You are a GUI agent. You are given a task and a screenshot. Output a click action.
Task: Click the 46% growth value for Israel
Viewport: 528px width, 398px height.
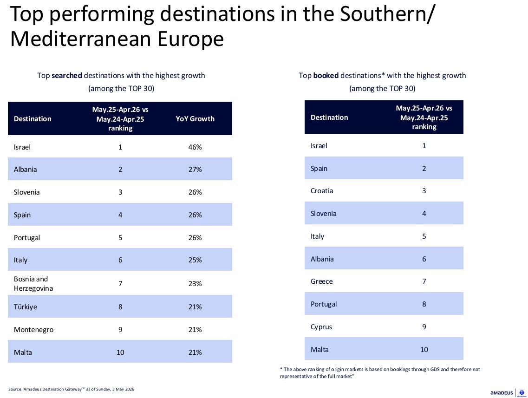pos(195,147)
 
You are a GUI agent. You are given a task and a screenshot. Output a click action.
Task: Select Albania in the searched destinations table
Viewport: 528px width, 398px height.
pos(25,170)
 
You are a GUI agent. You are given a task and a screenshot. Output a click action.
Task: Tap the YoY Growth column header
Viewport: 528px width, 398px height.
pos(195,118)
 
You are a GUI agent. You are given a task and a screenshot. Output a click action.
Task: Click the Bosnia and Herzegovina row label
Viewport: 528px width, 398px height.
pos(33,283)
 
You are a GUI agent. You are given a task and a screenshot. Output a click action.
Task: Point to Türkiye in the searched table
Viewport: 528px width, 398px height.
pos(25,307)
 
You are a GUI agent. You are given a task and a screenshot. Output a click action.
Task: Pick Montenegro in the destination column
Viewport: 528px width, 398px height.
pos(34,330)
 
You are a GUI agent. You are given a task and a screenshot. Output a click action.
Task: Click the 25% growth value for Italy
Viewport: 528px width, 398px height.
pos(195,260)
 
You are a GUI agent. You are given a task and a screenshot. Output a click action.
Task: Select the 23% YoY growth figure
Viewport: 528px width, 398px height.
pos(195,283)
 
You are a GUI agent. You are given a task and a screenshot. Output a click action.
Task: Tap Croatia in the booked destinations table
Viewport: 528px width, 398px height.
pos(321,191)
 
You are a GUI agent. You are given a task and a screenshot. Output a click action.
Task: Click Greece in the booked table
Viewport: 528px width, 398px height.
pos(321,281)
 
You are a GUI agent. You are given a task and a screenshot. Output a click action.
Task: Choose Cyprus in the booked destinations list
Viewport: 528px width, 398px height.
pos(321,327)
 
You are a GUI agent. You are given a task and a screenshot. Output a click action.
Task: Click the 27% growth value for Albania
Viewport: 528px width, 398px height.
pos(195,170)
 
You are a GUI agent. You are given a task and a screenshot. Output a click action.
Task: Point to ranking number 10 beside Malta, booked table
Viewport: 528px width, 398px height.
pos(424,350)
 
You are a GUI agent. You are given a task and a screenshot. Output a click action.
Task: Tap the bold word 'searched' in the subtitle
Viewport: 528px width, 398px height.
pos(67,75)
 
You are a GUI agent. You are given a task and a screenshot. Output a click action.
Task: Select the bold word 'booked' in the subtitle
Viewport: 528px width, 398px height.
pos(326,75)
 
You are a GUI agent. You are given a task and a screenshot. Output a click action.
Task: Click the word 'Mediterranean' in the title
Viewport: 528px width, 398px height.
pos(81,39)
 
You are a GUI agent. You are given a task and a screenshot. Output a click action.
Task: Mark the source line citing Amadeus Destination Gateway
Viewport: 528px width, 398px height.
pos(71,389)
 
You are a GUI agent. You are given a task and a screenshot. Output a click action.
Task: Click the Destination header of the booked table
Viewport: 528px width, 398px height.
pos(329,117)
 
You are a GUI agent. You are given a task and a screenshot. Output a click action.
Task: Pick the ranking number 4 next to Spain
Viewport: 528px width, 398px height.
pos(120,215)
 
